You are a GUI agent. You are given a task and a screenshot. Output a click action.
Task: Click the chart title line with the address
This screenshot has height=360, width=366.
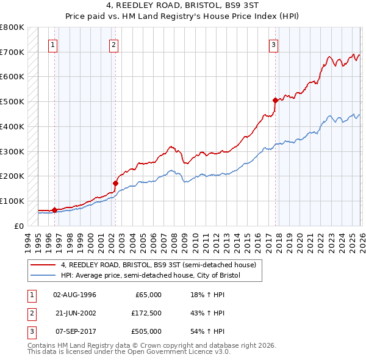tap(183, 6)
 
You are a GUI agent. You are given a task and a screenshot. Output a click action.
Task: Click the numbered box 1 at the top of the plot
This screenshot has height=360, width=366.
tap(54, 44)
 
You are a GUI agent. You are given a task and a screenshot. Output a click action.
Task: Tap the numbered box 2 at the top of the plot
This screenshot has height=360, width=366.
tap(114, 44)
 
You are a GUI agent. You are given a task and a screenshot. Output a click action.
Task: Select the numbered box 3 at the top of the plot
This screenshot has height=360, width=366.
tap(274, 44)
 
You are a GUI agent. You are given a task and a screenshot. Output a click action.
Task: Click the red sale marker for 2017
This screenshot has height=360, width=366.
tap(275, 100)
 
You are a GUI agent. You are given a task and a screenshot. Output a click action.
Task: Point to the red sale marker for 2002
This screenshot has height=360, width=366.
tap(115, 182)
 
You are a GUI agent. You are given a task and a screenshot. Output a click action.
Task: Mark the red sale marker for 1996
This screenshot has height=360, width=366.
tap(54, 210)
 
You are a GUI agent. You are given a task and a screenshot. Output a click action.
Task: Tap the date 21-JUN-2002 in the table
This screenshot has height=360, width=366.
tap(75, 313)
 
